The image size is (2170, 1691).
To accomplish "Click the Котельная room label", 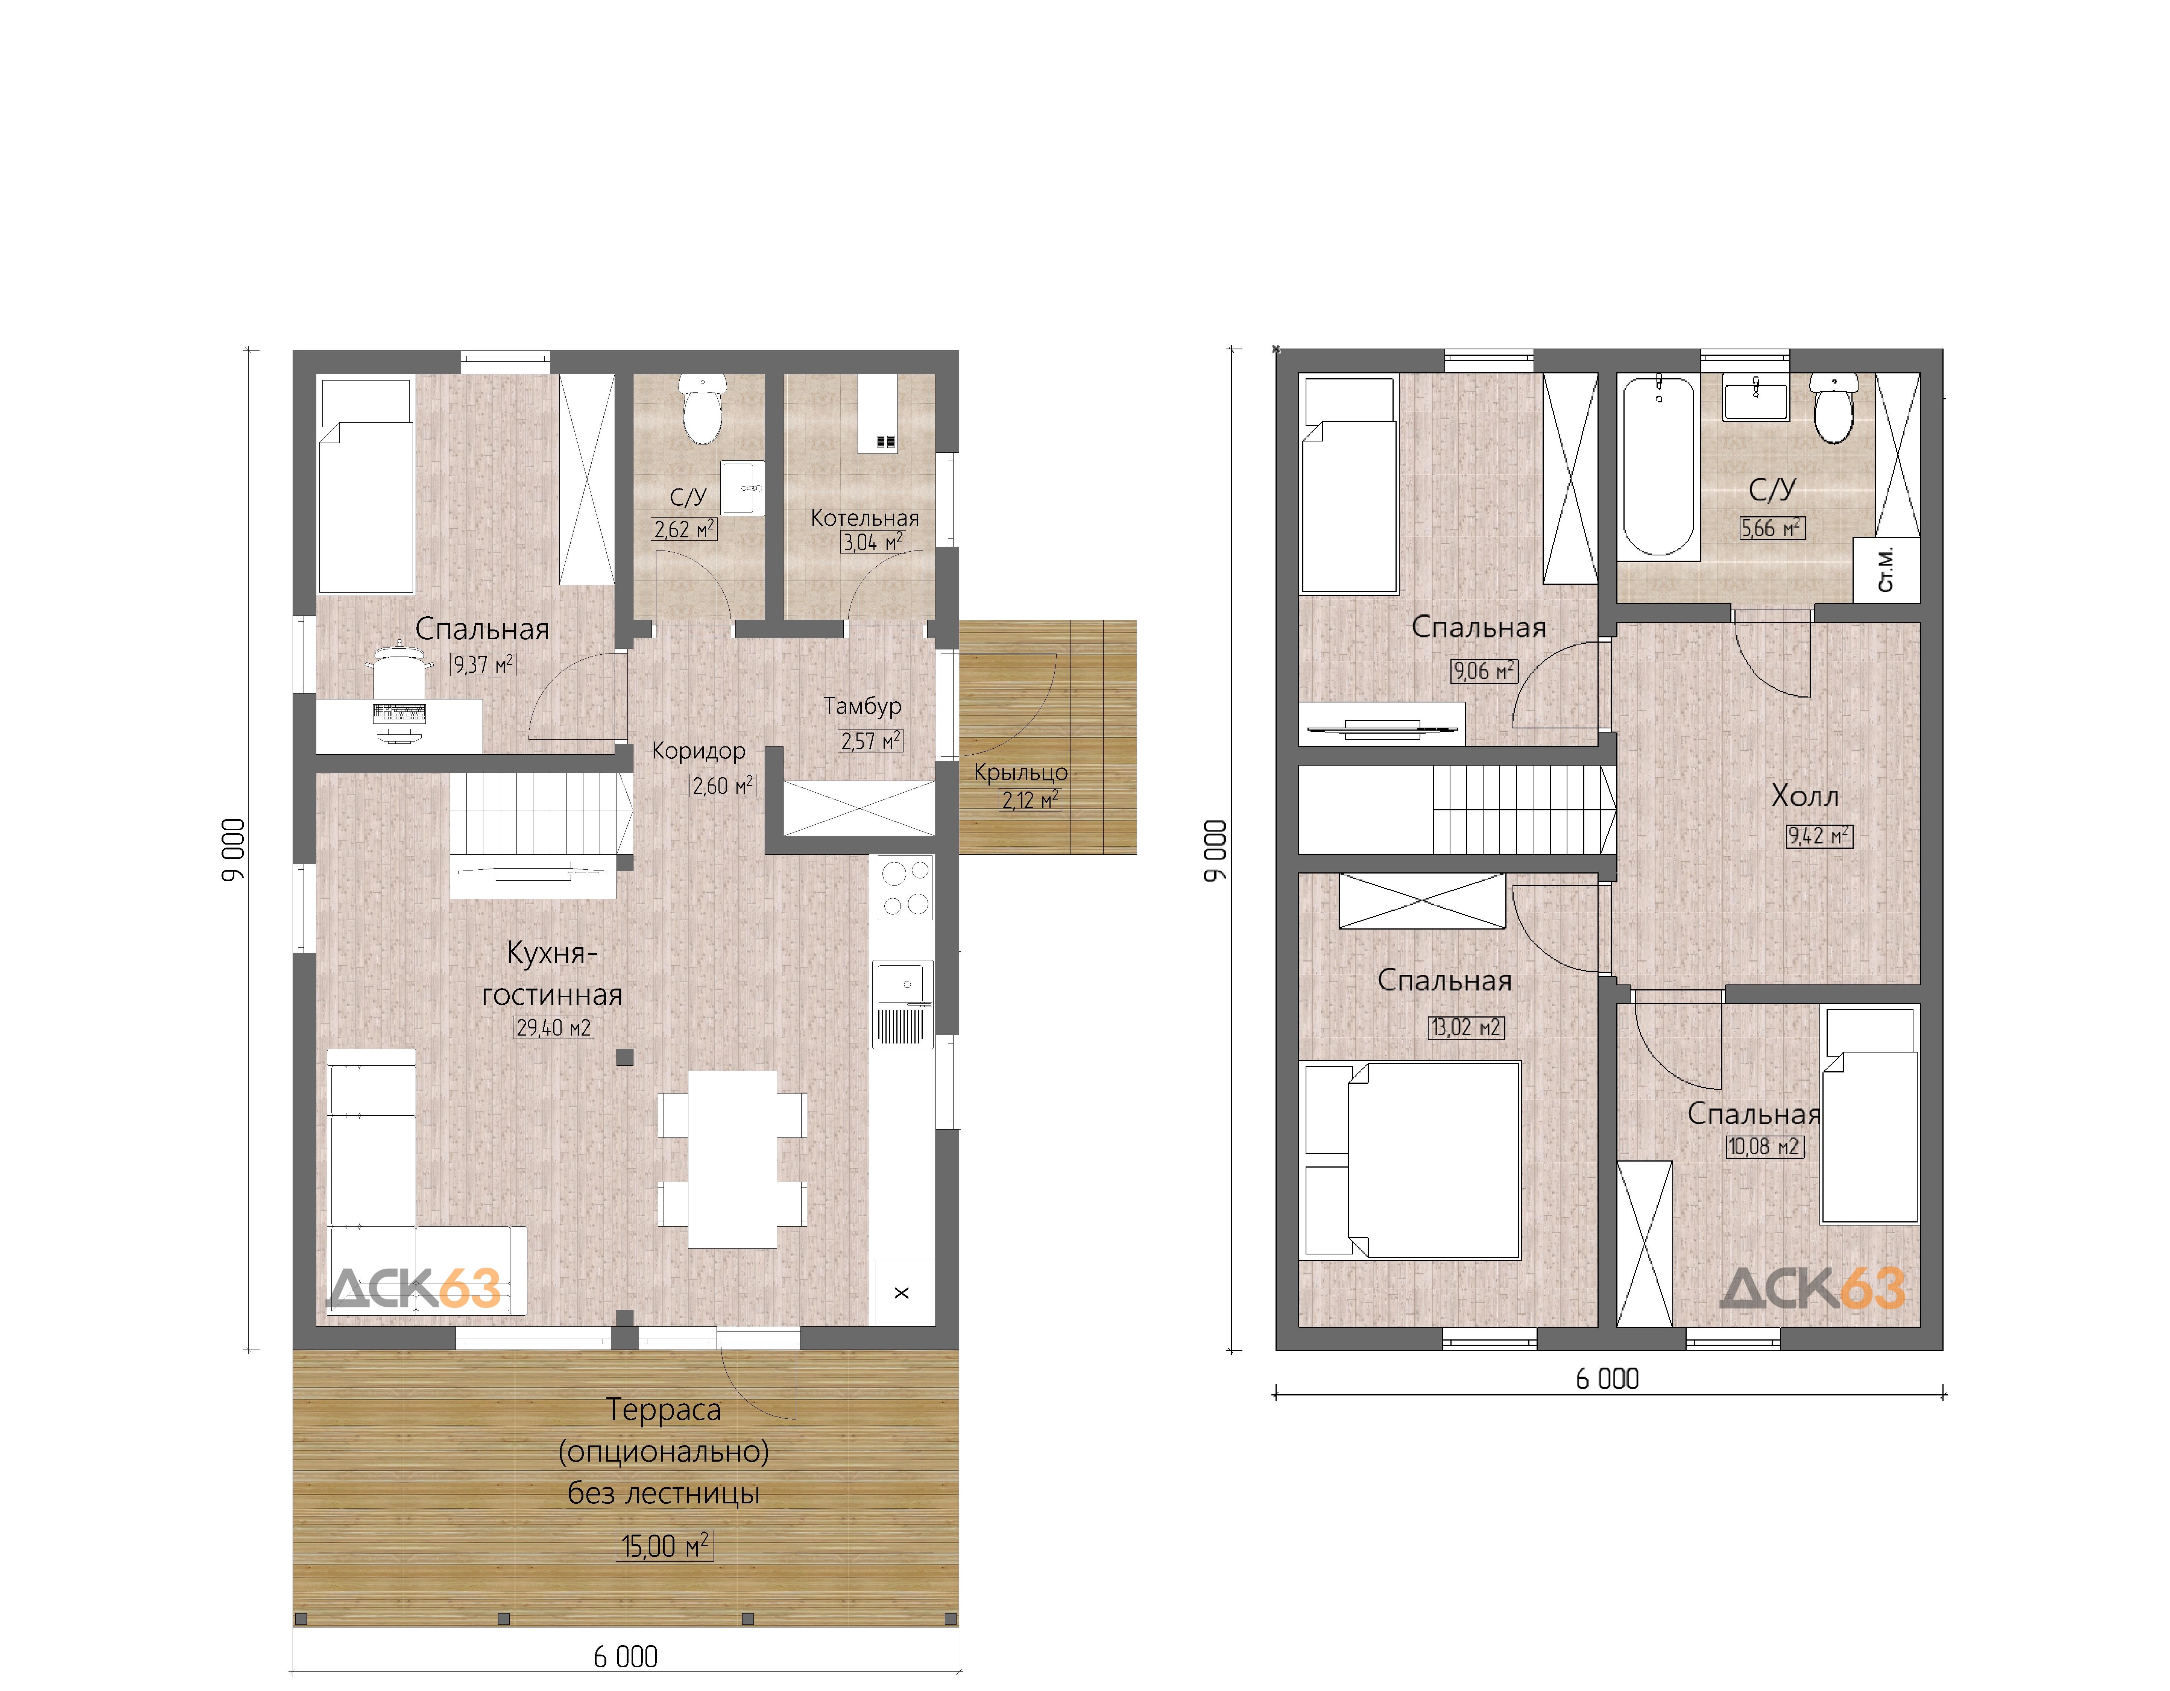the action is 864,518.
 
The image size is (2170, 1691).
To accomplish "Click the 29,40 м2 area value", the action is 553,1027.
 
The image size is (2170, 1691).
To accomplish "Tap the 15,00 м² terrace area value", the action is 665,1546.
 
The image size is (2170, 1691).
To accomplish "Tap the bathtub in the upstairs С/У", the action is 1658,467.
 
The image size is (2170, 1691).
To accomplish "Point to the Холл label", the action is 1804,796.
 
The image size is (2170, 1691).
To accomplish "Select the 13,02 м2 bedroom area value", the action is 1467,1027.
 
